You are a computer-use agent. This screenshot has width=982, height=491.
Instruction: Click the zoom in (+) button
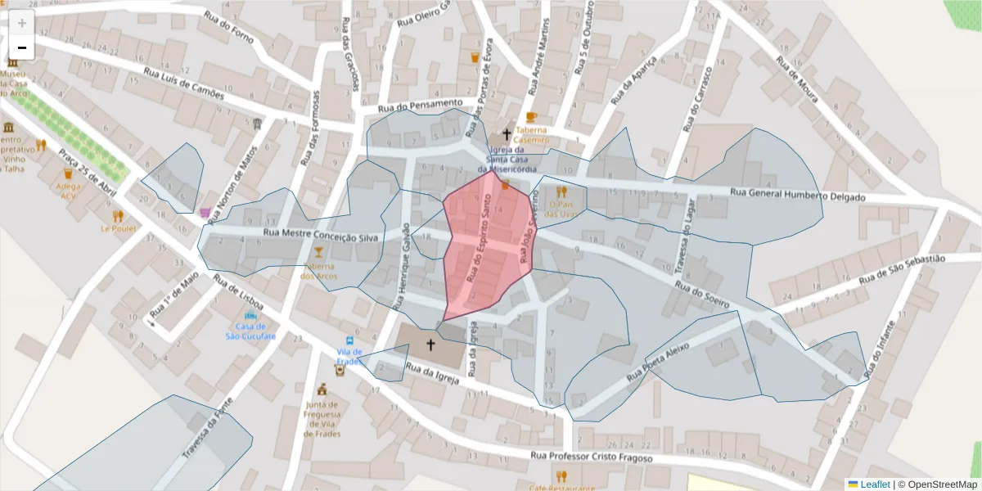pyautogui.click(x=22, y=23)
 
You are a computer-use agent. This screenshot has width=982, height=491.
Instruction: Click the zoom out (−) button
pyautogui.click(x=22, y=47)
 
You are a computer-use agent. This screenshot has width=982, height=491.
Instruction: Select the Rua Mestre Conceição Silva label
pyautogui.click(x=323, y=234)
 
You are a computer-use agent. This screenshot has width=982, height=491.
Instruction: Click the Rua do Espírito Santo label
pyautogui.click(x=479, y=243)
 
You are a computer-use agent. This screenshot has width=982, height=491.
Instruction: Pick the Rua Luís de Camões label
pyautogui.click(x=183, y=83)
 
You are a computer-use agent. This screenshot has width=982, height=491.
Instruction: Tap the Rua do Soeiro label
pyautogui.click(x=701, y=295)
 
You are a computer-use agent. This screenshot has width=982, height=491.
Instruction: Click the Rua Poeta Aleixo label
pyautogui.click(x=657, y=363)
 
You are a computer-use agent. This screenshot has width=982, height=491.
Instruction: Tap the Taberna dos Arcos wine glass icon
pyautogui.click(x=318, y=262)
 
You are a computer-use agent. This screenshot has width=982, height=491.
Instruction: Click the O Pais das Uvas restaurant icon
pyautogui.click(x=561, y=192)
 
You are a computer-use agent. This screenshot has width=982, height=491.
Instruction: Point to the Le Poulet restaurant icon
pyautogui.click(x=118, y=216)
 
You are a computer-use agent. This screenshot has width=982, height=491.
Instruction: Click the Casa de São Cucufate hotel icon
pyautogui.click(x=250, y=315)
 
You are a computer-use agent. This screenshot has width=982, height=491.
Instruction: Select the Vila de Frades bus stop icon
pyautogui.click(x=350, y=340)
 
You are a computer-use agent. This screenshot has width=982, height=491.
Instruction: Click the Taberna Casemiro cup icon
pyautogui.click(x=531, y=117)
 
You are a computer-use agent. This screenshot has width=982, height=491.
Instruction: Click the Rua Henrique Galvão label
pyautogui.click(x=402, y=266)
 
